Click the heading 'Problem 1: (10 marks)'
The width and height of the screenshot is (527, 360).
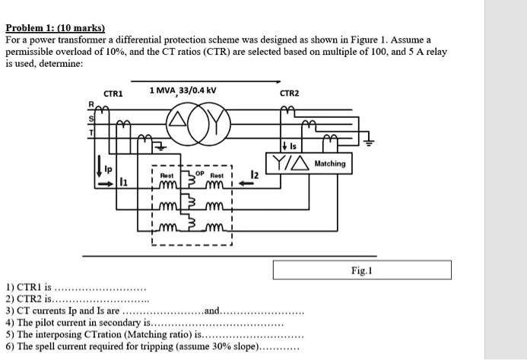[x=55, y=27]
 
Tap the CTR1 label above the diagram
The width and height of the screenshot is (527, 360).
[x=113, y=93]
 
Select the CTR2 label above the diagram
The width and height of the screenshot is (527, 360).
[x=289, y=93]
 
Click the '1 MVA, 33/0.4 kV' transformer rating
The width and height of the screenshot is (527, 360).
[x=183, y=91]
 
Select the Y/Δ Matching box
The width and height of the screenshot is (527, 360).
[x=308, y=164]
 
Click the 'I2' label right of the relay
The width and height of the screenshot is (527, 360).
[x=256, y=176]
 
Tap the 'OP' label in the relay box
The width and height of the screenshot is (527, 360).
[x=199, y=172]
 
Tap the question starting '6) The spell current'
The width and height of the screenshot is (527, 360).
[x=152, y=346]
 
